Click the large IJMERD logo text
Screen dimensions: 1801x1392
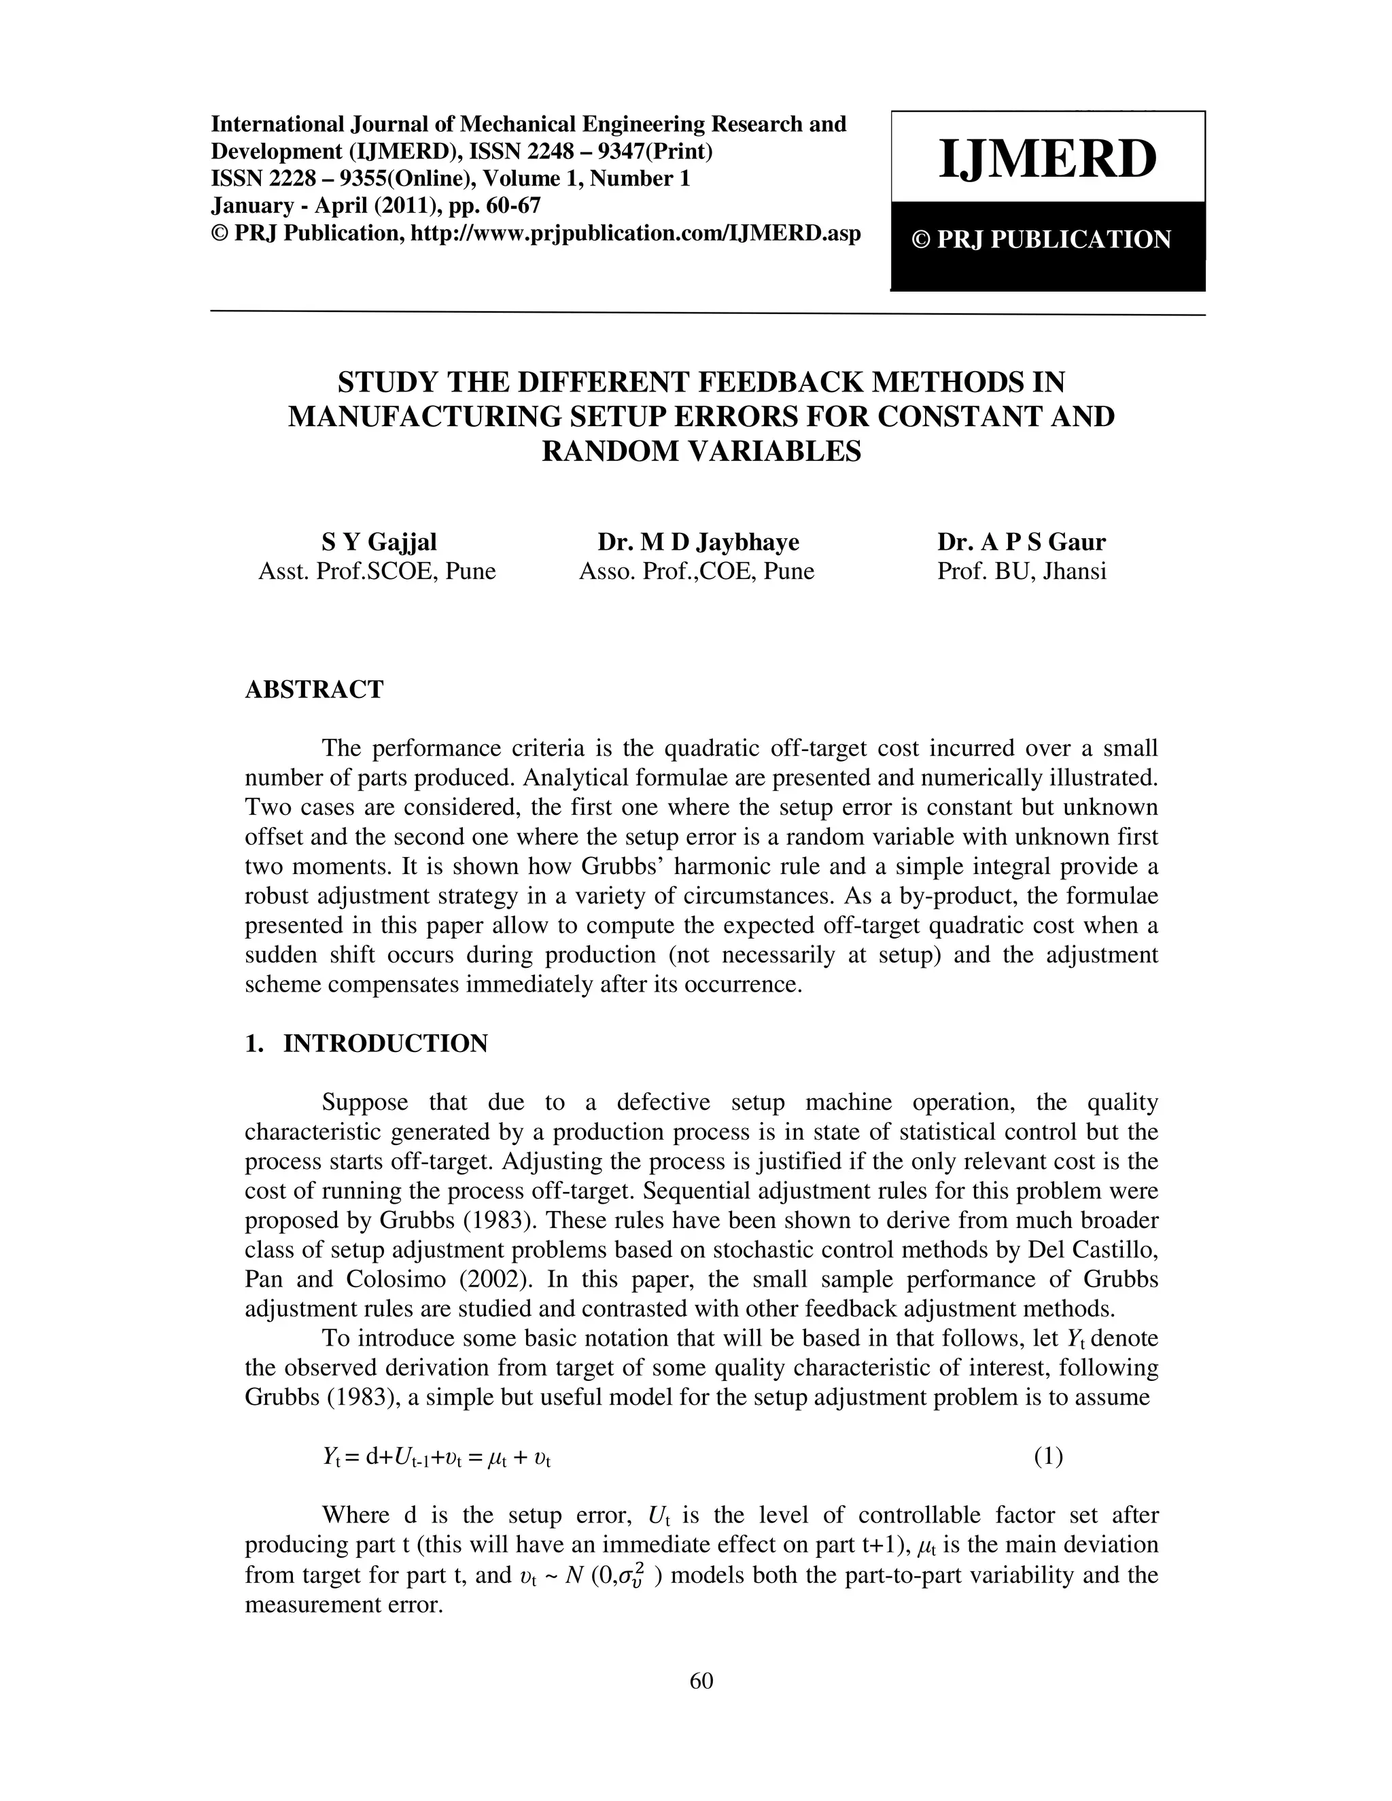1047,159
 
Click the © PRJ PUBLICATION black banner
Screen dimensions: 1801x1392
1047,240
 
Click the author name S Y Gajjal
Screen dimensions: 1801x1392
379,542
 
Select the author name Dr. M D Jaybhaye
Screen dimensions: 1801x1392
697,542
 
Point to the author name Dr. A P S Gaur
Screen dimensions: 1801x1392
1021,542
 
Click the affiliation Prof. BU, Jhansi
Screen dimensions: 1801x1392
1021,571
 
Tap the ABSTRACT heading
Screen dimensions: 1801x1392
314,689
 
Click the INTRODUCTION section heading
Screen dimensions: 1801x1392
385,1043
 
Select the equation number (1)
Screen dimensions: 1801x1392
1048,1457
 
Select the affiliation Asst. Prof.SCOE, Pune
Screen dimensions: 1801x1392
377,571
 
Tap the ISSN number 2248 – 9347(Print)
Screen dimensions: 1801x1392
617,152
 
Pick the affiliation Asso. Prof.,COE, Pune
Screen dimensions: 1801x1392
696,571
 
